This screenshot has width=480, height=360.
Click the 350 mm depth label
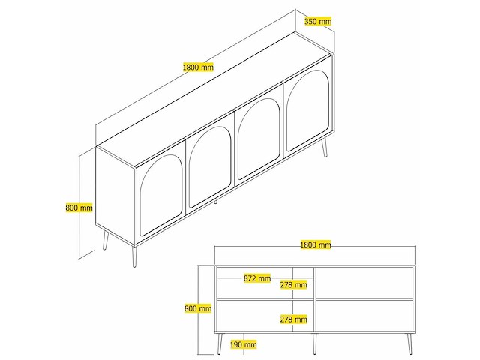pyautogui.click(x=318, y=21)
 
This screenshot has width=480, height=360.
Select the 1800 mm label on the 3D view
pyautogui.click(x=198, y=67)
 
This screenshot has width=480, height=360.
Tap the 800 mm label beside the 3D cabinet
pyautogui.click(x=79, y=208)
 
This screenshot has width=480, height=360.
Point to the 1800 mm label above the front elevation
pyautogui.click(x=316, y=244)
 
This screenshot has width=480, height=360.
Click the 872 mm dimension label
pyautogui.click(x=257, y=278)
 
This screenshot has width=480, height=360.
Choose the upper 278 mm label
pyautogui.click(x=293, y=285)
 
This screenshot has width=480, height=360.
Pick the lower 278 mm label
pyautogui.click(x=293, y=319)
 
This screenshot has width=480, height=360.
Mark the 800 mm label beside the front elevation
pyautogui.click(x=198, y=308)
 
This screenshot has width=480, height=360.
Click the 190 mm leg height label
pyautogui.click(x=243, y=344)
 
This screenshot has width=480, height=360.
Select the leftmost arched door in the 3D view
pyautogui.click(x=160, y=196)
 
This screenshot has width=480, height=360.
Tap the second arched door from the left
pyautogui.click(x=210, y=168)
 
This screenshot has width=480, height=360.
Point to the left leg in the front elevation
pyautogui.click(x=220, y=343)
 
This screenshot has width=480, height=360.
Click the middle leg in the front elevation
pyautogui.click(x=314, y=343)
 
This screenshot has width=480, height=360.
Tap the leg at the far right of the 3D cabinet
pyautogui.click(x=324, y=147)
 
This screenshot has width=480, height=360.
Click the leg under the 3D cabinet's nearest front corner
pyautogui.click(x=134, y=256)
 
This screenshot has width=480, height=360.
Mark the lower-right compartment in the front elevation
pyautogui.click(x=364, y=316)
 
